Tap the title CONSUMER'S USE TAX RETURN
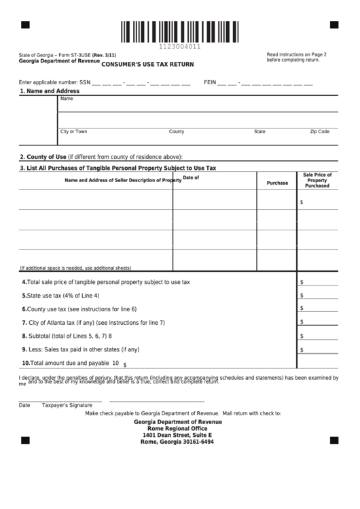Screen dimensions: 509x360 coord(147,64)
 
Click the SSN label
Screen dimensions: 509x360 coord(85,82)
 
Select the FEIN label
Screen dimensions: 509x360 coord(210,82)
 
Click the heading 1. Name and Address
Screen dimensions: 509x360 coord(50,91)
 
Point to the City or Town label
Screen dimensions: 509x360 coord(73,132)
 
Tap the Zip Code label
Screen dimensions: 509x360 coord(319,132)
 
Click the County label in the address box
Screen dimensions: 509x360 coord(177,132)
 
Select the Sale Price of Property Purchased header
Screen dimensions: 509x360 coord(317,180)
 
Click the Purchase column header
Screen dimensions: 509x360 coord(277,183)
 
